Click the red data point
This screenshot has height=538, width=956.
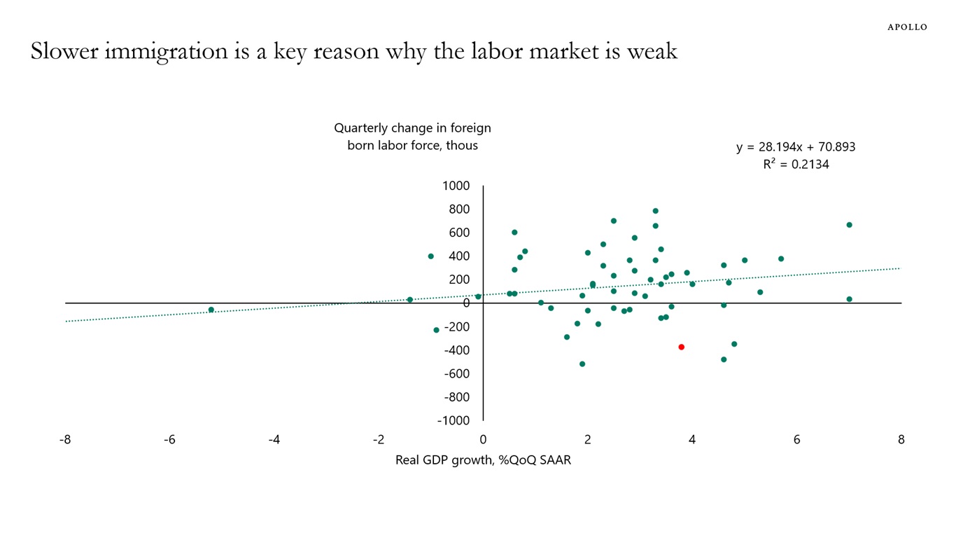[x=681, y=347]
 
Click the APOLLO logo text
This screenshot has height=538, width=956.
[x=907, y=27]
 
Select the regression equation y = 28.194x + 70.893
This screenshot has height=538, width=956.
[x=795, y=147]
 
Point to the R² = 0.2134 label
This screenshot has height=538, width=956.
[x=796, y=165]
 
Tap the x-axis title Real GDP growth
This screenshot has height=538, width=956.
[x=483, y=460]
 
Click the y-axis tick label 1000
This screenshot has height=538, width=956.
[x=456, y=186]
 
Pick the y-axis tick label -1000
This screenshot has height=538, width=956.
[x=454, y=420]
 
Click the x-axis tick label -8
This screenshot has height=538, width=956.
[x=65, y=440]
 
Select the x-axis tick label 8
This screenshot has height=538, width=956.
[x=901, y=440]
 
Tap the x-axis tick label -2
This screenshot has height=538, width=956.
[x=379, y=440]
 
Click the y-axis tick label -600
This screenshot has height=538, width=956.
[x=456, y=373]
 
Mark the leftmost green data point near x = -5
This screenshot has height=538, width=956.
[x=211, y=310]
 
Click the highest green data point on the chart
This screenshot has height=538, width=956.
[x=655, y=211]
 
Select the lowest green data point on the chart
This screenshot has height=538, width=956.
[x=582, y=364]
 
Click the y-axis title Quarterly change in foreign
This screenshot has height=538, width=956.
[x=412, y=128]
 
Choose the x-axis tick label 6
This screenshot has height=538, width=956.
[x=796, y=440]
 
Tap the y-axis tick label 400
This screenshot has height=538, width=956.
[x=458, y=256]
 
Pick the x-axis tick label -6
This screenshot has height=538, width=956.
[x=169, y=440]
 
